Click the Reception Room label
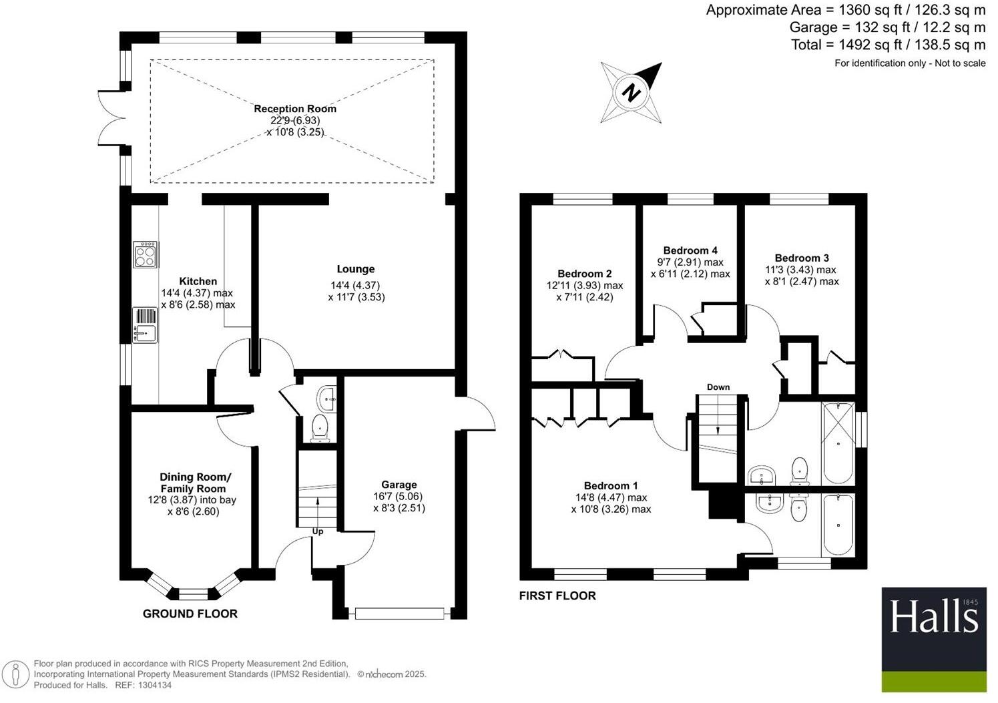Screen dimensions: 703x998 tap(295, 109)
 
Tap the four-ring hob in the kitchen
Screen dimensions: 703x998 tap(146, 254)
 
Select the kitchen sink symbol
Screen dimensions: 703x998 tap(145, 325)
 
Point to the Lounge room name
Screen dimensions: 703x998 tap(355, 269)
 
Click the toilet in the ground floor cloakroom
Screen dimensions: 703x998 tap(321, 427)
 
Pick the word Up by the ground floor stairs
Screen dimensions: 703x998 tap(318, 531)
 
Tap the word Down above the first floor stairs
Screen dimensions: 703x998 tap(718, 387)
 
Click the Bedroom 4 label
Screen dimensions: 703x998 tap(690, 250)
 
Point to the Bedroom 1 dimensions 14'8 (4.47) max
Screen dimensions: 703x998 tap(611, 497)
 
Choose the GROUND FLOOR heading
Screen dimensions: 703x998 tap(190, 614)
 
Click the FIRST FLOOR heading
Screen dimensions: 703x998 tap(557, 596)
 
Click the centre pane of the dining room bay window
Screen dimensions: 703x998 tap(194, 592)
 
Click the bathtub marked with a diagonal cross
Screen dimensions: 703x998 tap(838, 443)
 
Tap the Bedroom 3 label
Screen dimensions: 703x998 tap(802, 258)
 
